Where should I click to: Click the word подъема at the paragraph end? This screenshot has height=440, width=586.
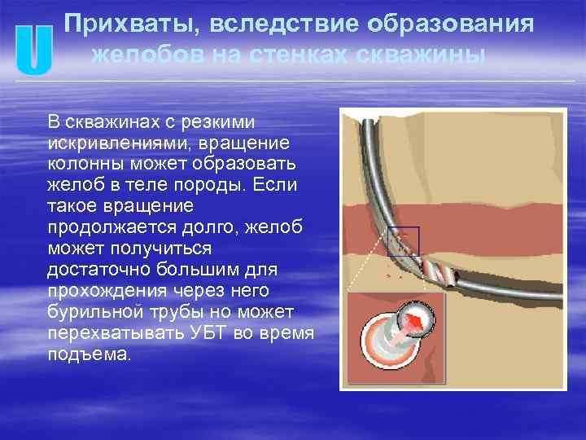coord(90,355)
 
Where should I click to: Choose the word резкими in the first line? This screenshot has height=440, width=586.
coord(224,122)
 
